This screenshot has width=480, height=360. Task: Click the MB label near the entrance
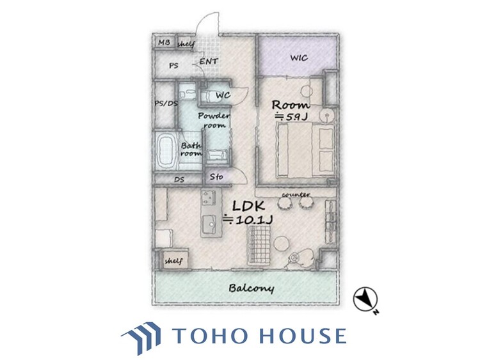164,42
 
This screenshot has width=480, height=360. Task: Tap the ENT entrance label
209,61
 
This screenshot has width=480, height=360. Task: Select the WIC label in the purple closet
299,58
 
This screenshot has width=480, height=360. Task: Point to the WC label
223,95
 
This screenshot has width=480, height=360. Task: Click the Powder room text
214,120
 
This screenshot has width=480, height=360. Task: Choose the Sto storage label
216,176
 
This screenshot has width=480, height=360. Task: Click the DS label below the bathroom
179,180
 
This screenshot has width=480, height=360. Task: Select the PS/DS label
166,104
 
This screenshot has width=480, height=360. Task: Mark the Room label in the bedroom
291,106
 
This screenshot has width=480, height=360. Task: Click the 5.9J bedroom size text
291,117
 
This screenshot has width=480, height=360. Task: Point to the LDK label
248,206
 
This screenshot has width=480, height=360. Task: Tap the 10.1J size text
248,219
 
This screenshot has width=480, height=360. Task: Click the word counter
296,194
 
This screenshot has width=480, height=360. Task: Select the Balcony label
252,288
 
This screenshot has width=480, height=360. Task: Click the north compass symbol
365,299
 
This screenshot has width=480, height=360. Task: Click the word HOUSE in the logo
303,336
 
